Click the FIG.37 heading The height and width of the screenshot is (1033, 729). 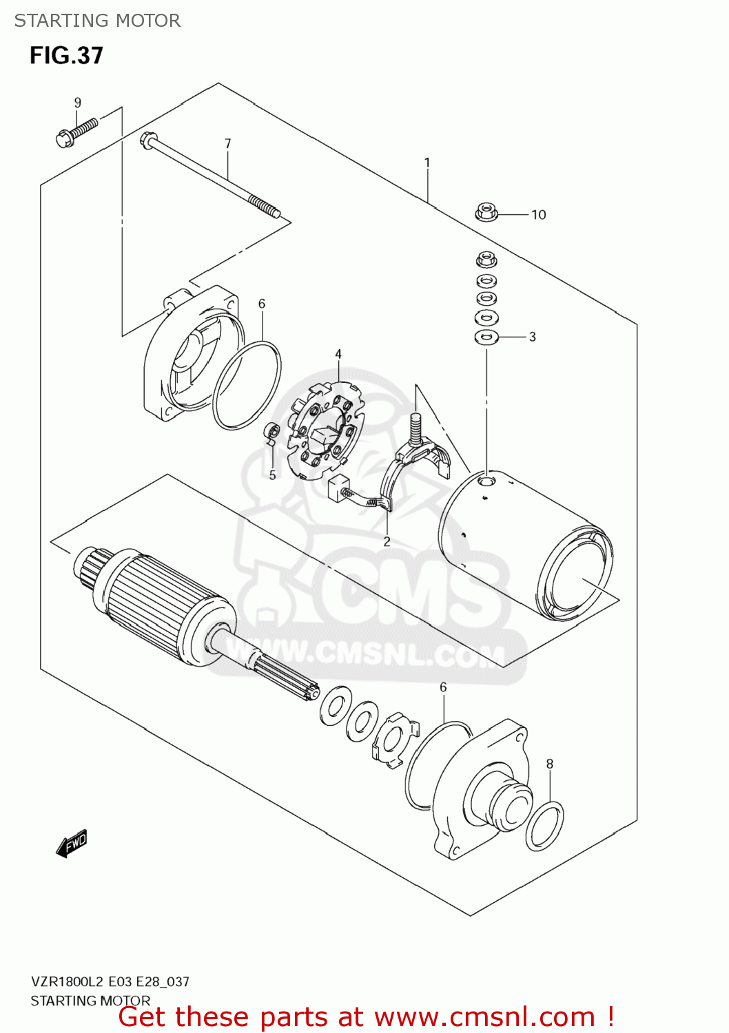point(66,56)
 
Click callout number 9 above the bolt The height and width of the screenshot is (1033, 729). point(78,103)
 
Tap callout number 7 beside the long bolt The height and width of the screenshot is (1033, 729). point(227,144)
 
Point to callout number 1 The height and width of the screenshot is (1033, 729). point(427,163)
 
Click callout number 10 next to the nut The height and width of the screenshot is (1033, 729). point(538,215)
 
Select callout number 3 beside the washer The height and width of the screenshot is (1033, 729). point(532,337)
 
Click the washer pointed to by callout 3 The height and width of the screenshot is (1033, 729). point(486,337)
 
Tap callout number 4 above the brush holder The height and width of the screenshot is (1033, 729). point(338,354)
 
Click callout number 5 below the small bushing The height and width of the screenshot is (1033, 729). point(273,475)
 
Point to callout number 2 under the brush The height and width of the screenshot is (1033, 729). point(387,541)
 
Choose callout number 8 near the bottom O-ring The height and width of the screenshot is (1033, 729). point(550,763)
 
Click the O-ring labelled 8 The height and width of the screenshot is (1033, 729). point(544,826)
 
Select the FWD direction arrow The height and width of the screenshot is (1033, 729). point(72,843)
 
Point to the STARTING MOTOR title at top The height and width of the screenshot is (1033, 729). point(97,21)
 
